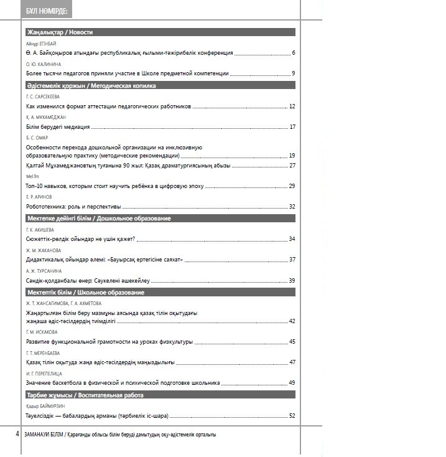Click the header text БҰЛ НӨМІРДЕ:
pos(48,11)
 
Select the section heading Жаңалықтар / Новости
pos(60,32)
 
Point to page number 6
pos(293,54)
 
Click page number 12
pos(292,106)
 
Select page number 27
pos(292,165)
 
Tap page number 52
pos(292,415)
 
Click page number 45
pos(292,342)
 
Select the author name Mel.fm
pos(32,177)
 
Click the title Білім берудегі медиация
pos(58,127)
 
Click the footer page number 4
pos(17,433)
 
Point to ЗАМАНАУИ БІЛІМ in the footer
pos(43,434)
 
